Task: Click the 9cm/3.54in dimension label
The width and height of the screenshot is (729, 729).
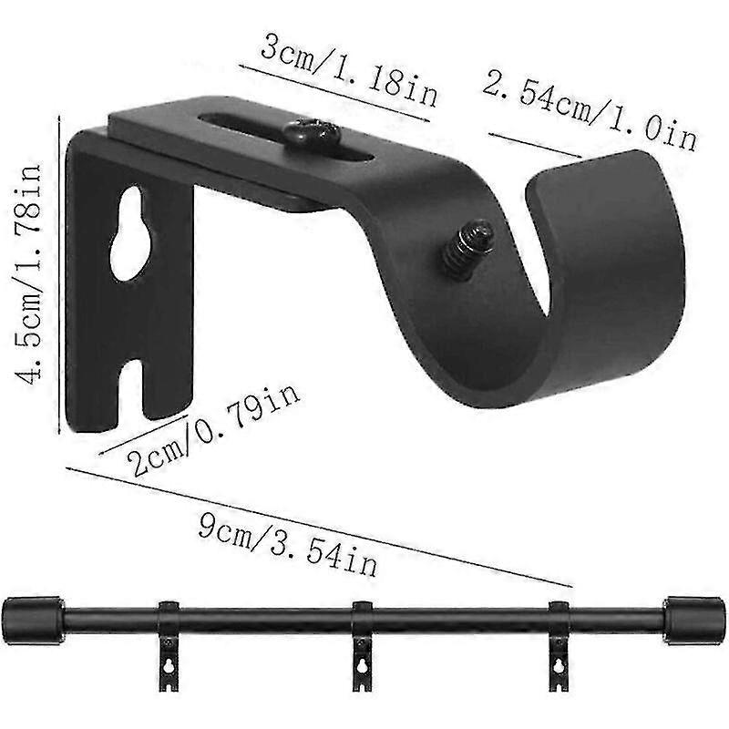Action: coord(287,542)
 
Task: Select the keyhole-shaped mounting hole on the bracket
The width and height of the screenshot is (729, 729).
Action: coord(130,231)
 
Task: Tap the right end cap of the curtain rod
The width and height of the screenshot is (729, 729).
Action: coord(693,621)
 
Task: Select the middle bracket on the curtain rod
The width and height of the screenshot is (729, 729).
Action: coord(362,638)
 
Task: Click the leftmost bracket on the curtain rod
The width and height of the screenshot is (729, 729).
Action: coord(168,638)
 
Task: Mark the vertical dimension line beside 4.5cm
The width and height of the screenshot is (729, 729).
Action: coord(60,273)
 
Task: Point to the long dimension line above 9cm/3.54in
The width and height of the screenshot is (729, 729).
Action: coord(319,527)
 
